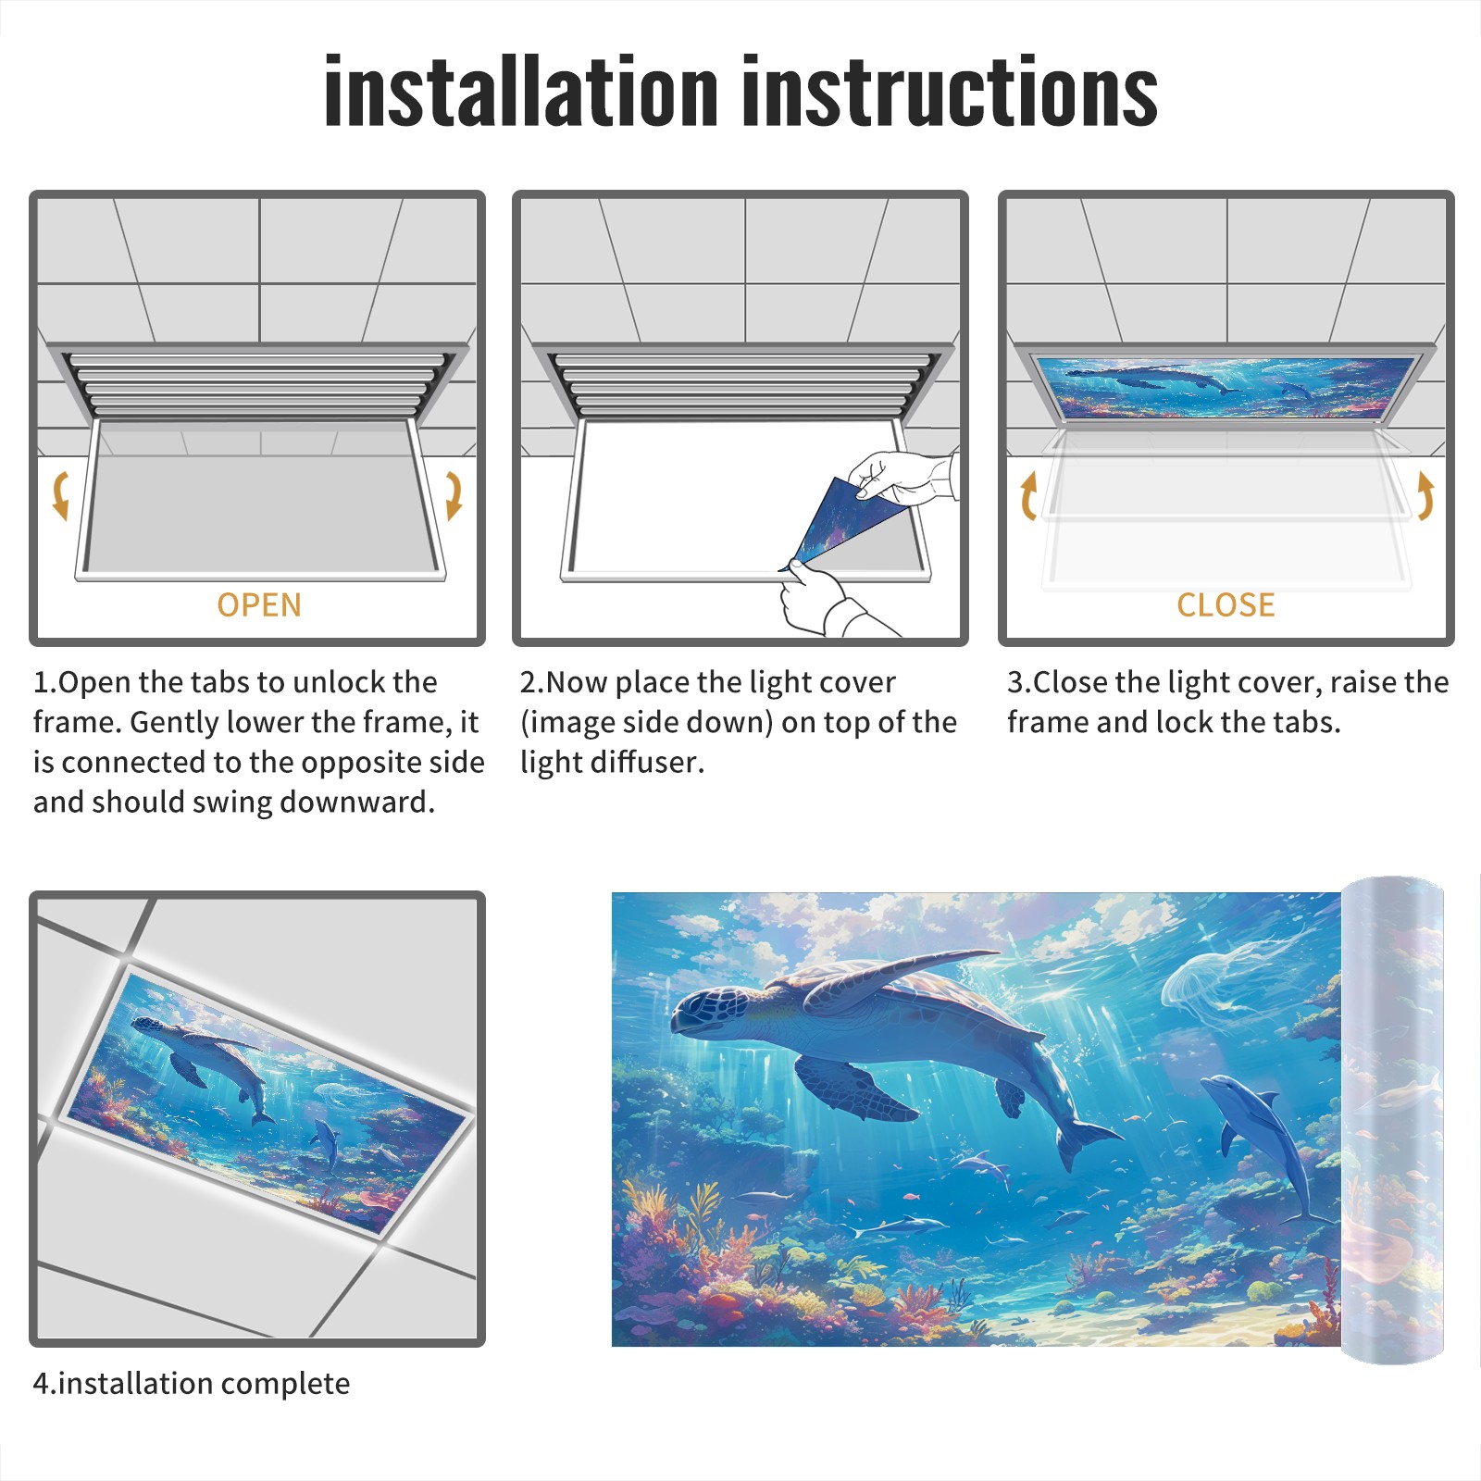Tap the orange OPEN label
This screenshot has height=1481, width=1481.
259,605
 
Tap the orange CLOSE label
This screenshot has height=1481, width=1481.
1226,605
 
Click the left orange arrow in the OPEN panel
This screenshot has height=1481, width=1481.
60,495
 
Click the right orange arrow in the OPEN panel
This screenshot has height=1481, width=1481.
454,495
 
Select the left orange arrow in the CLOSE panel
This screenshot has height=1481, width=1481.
1028,495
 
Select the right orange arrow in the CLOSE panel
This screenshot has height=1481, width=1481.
1425,495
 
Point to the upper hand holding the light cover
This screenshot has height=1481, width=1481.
902,477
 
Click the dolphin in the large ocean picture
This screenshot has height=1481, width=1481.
1268,1143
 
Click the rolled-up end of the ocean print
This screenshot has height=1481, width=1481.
1393,1120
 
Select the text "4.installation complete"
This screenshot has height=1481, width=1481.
192,1384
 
